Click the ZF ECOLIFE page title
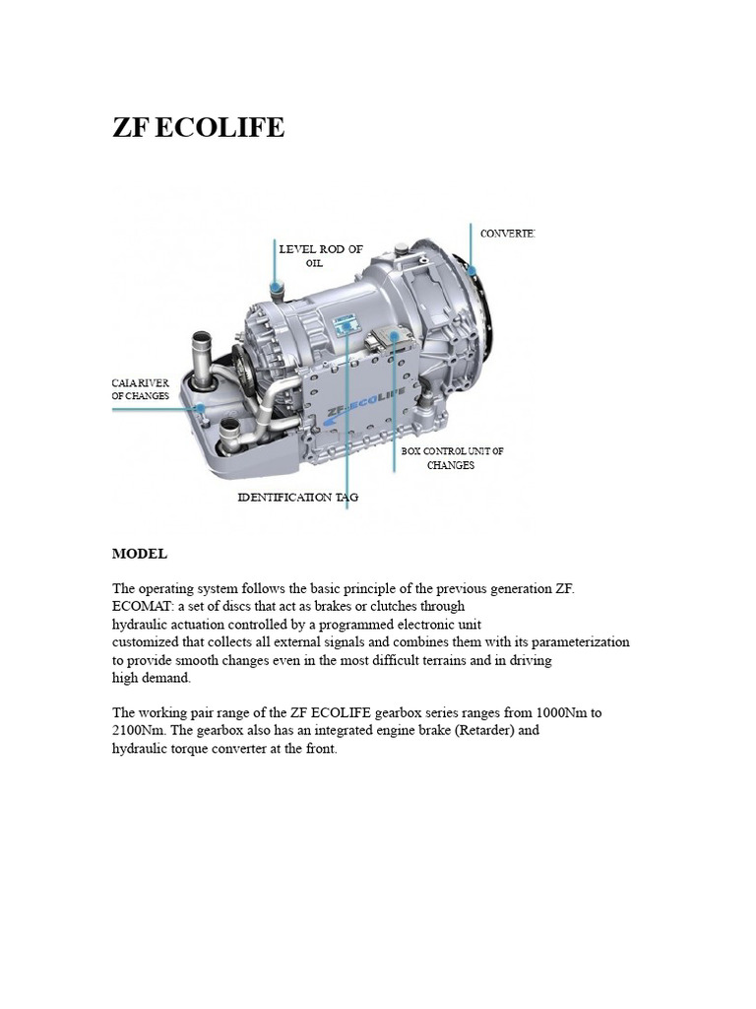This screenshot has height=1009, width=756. coord(198,127)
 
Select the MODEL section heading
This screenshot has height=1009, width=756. coord(140,554)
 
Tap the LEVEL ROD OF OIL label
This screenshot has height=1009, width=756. coord(313,256)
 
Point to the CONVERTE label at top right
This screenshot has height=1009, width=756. coord(507,234)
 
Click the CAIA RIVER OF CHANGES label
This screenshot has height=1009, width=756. coord(141,389)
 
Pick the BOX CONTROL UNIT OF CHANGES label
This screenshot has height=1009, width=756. coord(452,458)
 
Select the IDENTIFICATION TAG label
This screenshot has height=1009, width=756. coord(298,498)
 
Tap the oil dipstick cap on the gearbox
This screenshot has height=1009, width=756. coord(277,287)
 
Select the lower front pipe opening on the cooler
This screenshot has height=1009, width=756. coord(230,429)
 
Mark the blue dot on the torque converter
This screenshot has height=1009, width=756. coord(472,270)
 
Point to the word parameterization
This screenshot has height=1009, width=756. coord(574,641)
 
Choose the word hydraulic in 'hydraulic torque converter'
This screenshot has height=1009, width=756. coord(141,749)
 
